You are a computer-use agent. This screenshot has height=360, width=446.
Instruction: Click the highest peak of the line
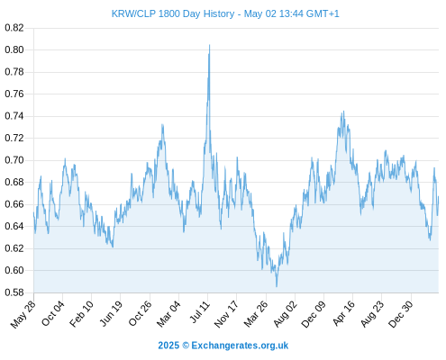tap(209, 45)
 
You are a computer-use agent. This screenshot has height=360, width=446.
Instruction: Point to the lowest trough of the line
tap(277, 286)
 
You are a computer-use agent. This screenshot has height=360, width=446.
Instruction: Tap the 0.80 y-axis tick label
tap(14, 49)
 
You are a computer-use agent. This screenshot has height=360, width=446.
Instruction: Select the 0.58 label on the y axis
tap(14, 292)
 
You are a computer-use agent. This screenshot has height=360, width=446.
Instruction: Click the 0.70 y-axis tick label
tap(14, 160)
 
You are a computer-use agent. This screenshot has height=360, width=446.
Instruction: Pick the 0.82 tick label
tap(14, 28)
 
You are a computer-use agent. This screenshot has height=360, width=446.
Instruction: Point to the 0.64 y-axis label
tap(14, 226)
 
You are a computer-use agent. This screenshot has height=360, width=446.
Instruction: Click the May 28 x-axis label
tap(23, 314)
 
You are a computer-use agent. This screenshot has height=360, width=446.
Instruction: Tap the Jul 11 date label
tap(200, 312)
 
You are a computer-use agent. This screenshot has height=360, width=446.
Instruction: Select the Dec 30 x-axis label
tap(401, 314)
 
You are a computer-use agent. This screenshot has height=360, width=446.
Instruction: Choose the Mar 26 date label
tap(256, 314)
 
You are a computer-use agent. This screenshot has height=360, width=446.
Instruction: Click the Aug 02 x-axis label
tap(285, 314)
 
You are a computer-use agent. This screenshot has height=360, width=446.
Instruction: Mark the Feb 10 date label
tap(81, 314)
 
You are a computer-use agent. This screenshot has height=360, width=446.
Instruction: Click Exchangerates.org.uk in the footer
tap(240, 346)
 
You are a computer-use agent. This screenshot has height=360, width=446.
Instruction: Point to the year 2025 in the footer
tap(168, 346)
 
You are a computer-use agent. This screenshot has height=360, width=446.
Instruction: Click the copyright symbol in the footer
tap(186, 346)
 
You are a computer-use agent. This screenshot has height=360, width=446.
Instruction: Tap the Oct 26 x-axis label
tap(141, 314)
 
